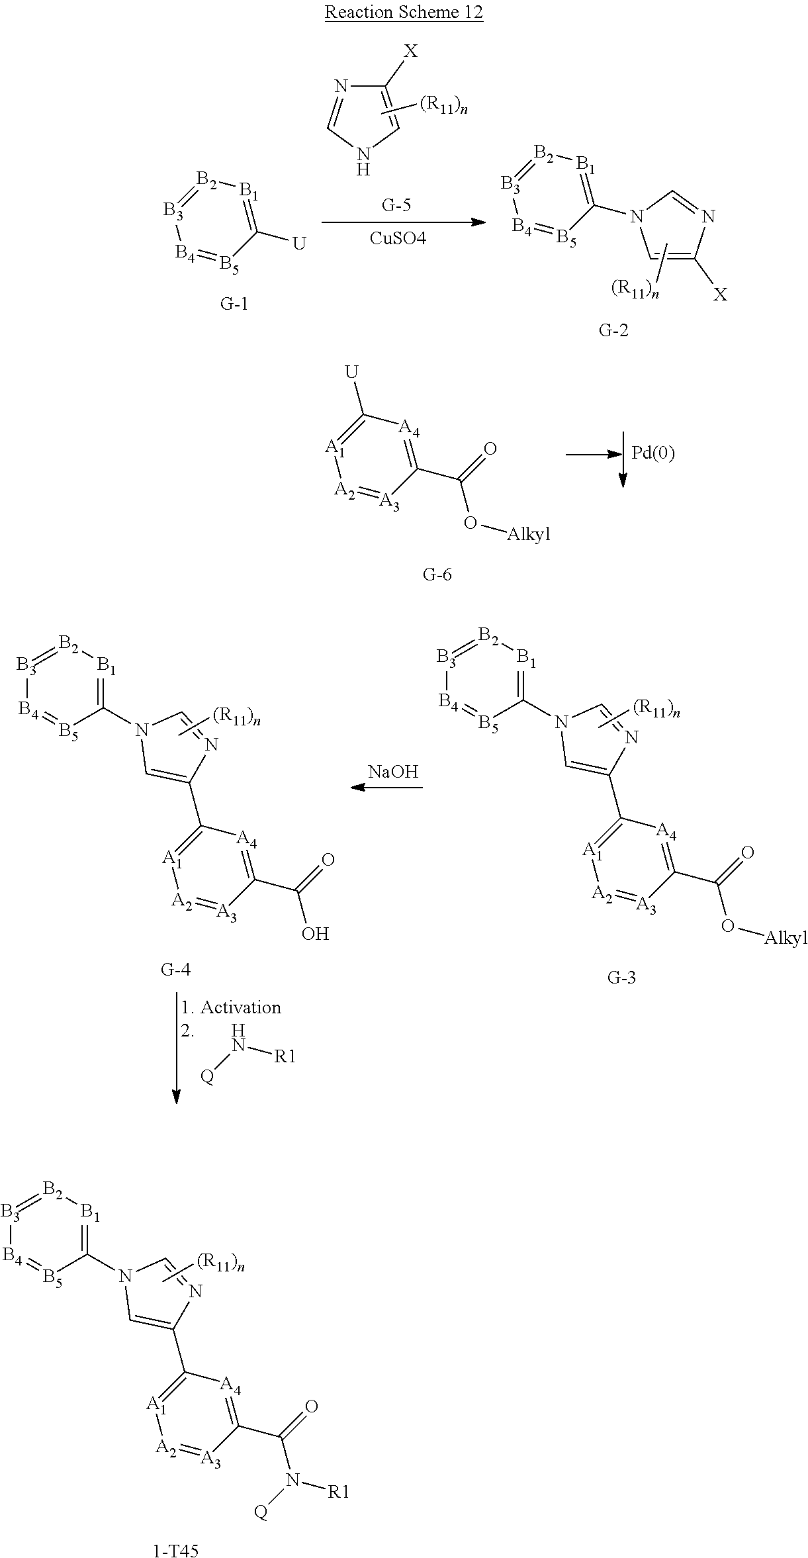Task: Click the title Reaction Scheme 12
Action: (404, 13)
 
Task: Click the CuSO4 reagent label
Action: (398, 238)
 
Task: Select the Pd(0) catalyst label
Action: (652, 453)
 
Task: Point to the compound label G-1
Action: (234, 304)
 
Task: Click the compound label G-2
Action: (613, 330)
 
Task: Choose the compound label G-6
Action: (437, 574)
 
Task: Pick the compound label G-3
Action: (621, 976)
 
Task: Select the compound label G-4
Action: (176, 970)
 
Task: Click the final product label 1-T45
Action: (175, 1545)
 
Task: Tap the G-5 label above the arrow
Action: (396, 205)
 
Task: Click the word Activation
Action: (241, 1007)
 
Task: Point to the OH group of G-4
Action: (315, 933)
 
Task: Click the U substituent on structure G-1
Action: (299, 244)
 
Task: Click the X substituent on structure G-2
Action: (720, 295)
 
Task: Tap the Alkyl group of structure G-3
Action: (786, 938)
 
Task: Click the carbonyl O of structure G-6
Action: (490, 449)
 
